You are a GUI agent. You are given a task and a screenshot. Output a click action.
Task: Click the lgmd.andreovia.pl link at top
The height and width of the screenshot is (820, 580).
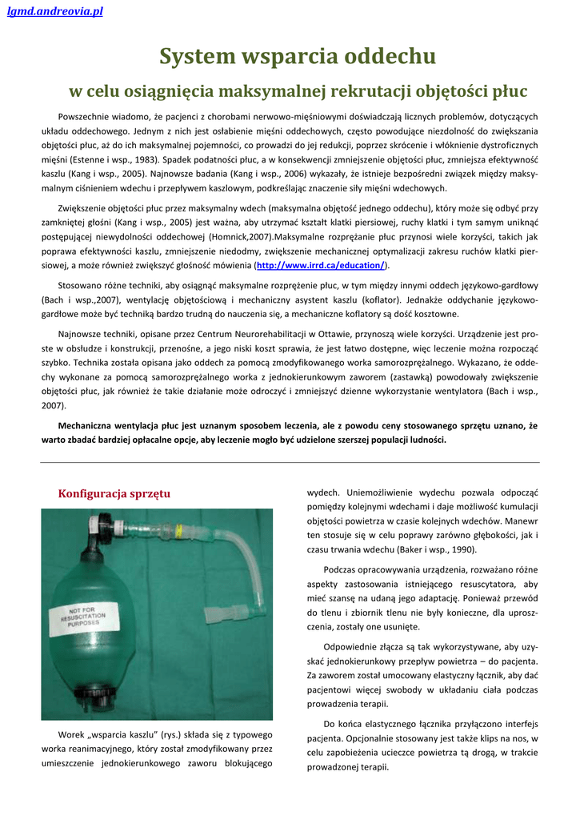point(55,11)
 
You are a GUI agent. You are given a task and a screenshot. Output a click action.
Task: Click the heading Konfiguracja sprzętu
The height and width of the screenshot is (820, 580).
point(114,493)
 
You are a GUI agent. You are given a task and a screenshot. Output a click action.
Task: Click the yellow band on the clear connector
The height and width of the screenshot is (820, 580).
point(180,530)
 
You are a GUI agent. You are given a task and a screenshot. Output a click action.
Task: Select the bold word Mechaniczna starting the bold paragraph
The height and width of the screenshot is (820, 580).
point(90,426)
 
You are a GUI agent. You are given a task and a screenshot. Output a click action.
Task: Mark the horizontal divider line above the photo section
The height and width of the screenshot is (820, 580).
point(290,462)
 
